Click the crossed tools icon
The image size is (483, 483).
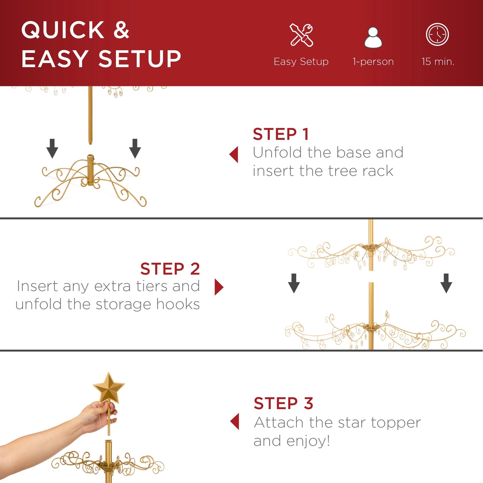click(301, 35)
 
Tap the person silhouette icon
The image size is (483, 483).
click(373, 38)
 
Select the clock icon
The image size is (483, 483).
click(437, 34)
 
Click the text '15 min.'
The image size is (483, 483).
click(438, 62)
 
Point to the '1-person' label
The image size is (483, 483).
click(373, 62)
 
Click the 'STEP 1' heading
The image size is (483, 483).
click(280, 134)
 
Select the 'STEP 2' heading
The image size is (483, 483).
click(170, 269)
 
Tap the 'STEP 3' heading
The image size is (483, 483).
click(283, 403)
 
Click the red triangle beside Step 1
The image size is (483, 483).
click(234, 154)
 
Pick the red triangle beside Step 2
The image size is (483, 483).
click(219, 287)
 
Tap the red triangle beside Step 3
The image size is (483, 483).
click(235, 421)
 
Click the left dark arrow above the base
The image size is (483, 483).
click(52, 148)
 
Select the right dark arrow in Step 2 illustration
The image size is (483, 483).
click(446, 283)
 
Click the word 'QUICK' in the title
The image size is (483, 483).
click(63, 30)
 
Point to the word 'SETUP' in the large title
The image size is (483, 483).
click(139, 59)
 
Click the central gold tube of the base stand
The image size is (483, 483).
click(91, 169)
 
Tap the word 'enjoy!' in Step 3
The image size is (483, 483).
click(308, 441)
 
